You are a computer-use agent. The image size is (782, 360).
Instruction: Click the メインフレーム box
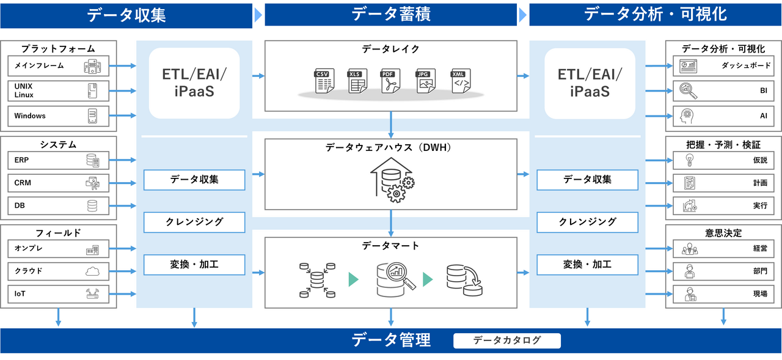(58, 66)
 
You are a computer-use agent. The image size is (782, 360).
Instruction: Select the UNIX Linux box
(58, 91)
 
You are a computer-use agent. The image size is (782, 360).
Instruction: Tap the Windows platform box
(58, 116)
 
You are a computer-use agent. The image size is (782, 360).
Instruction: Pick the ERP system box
(58, 161)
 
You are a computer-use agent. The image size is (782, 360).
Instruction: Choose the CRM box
(58, 183)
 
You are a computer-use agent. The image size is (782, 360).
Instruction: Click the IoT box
(58, 294)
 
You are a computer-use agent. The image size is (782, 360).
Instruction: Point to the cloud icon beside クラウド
(92, 271)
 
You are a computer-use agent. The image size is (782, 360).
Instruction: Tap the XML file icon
(461, 81)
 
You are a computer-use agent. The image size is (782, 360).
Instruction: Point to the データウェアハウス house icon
(391, 178)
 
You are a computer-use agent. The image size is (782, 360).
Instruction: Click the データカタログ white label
(507, 340)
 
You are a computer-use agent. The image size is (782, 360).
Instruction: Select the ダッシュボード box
(723, 66)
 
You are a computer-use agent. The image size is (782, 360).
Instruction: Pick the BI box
(723, 91)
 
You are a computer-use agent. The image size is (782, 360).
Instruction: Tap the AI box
(723, 116)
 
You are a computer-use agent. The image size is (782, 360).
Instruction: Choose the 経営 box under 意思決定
(723, 249)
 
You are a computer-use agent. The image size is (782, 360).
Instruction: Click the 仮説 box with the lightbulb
(723, 161)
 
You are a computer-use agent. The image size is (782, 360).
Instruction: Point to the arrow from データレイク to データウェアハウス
(391, 124)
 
